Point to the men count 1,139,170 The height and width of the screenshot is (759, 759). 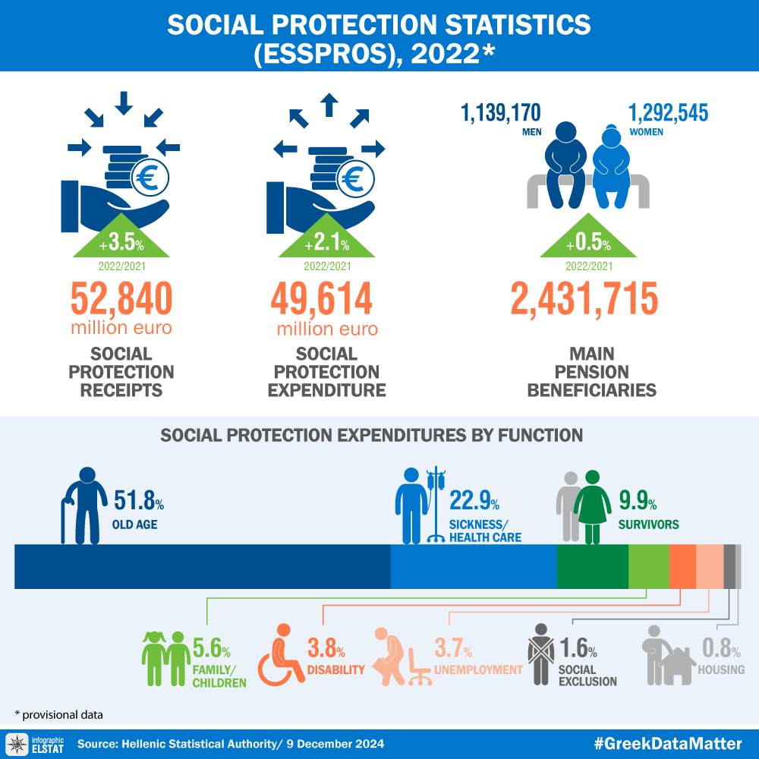pyautogui.click(x=501, y=114)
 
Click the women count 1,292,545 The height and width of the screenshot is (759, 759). pyautogui.click(x=668, y=114)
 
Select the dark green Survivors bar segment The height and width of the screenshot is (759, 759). pyautogui.click(x=592, y=566)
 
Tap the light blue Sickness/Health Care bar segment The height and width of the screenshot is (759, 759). pyautogui.click(x=473, y=566)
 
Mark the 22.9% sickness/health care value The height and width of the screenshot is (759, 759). pyautogui.click(x=474, y=501)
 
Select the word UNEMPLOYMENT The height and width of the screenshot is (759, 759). pyautogui.click(x=478, y=669)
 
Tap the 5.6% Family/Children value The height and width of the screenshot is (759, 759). pyautogui.click(x=212, y=649)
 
